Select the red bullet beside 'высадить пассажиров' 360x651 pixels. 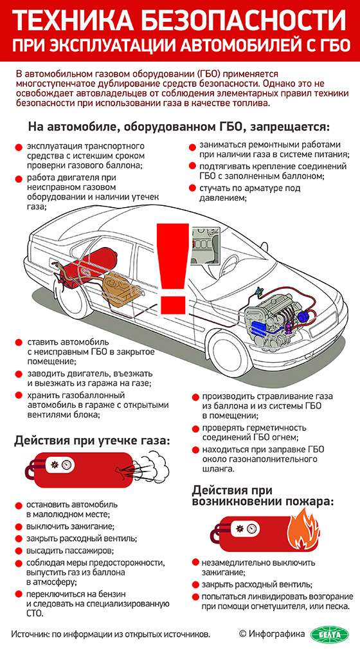point(19,551)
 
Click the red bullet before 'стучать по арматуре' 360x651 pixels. point(192,188)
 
